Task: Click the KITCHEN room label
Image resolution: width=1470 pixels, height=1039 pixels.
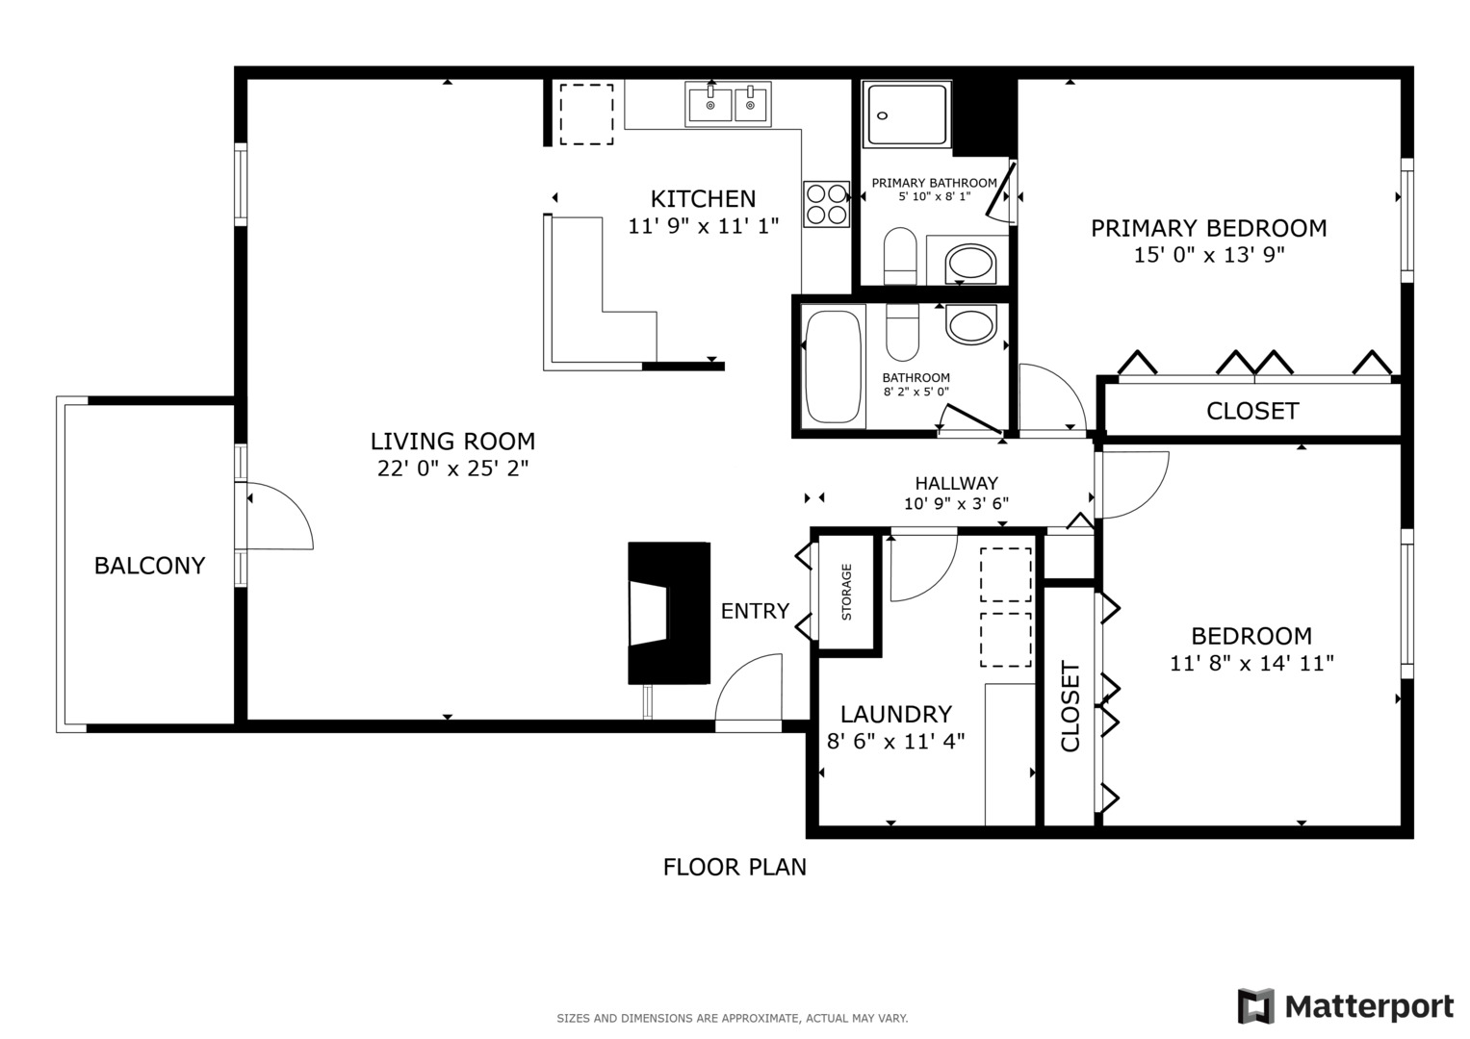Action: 703,199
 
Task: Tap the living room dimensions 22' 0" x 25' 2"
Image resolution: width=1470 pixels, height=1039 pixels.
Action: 452,469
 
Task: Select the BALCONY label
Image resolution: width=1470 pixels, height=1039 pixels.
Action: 149,566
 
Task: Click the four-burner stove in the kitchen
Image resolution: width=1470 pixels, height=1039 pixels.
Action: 826,204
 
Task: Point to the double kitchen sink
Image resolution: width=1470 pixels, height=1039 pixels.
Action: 728,104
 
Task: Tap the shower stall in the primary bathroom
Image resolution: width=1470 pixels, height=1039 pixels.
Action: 907,114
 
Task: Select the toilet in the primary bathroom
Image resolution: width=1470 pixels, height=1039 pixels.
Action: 901,254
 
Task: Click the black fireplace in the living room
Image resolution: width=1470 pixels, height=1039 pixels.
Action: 669,613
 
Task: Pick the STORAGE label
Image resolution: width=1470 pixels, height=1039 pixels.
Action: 847,592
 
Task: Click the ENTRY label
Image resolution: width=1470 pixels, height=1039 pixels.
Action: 755,611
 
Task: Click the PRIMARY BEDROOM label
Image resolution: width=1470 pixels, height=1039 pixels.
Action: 1208,228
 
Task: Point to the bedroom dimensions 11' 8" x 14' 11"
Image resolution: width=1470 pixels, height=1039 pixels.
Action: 1251,663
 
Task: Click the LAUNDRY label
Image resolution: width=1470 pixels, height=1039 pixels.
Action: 895,714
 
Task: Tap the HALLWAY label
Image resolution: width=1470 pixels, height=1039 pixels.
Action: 956,483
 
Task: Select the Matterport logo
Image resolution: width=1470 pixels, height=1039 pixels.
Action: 1345,1006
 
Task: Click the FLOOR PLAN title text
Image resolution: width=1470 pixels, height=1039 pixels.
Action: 735,867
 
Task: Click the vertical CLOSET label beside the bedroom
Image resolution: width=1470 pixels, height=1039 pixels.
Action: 1070,705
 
